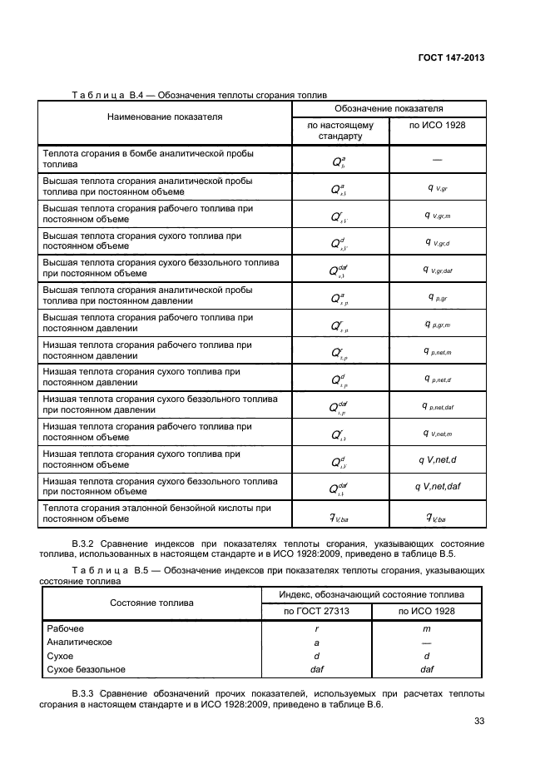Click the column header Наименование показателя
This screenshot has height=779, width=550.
pos(165,117)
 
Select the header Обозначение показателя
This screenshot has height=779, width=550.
pos(389,109)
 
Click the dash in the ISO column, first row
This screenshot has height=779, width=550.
pos(437,158)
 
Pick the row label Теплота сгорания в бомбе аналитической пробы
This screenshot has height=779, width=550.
pos(148,154)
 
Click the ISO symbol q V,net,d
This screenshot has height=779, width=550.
pos(437,460)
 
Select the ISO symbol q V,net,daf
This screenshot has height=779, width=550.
pos(437,487)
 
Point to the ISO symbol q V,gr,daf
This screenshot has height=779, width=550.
pos(437,270)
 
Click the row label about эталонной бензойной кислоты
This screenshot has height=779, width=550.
pos(156,507)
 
